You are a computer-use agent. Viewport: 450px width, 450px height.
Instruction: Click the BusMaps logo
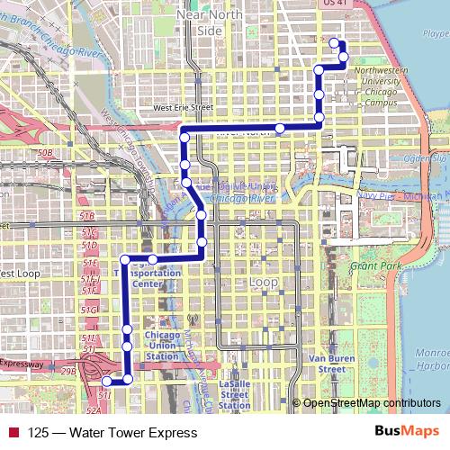[x=406, y=432]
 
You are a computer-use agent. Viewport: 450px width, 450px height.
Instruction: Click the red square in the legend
[x=12, y=432]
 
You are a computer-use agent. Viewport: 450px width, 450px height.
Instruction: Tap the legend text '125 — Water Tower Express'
[x=99, y=432]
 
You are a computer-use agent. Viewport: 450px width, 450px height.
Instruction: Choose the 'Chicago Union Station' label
[x=162, y=343]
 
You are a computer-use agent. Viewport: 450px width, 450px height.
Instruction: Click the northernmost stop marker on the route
[x=335, y=43]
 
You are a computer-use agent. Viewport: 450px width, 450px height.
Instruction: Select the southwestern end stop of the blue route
[x=107, y=382]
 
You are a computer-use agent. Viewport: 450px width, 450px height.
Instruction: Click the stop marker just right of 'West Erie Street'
[x=280, y=129]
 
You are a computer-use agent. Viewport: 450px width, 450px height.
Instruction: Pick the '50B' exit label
[x=44, y=154]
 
